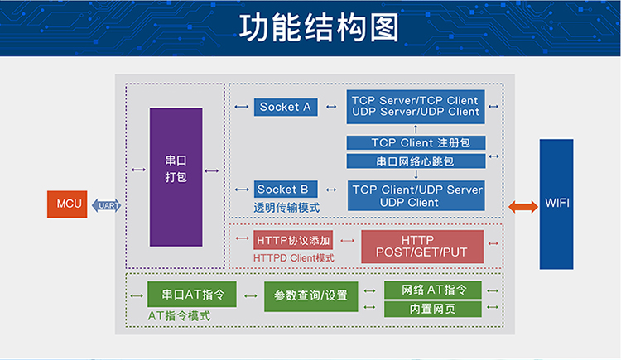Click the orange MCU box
(67, 204)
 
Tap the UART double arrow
(107, 205)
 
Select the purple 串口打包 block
(176, 177)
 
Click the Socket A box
(286, 107)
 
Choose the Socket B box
(286, 190)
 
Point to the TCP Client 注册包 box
(416, 142)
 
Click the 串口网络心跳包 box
(416, 161)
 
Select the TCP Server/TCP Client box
(416, 107)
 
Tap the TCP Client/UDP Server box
(416, 195)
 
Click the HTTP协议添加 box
(293, 240)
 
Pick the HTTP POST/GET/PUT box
(422, 247)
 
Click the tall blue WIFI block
(556, 204)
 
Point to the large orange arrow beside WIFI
(523, 206)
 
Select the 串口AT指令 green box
(192, 295)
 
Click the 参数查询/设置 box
(310, 296)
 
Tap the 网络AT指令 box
(433, 290)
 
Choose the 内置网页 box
(433, 309)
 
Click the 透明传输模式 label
(286, 208)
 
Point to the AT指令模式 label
(179, 316)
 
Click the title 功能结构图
(319, 27)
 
